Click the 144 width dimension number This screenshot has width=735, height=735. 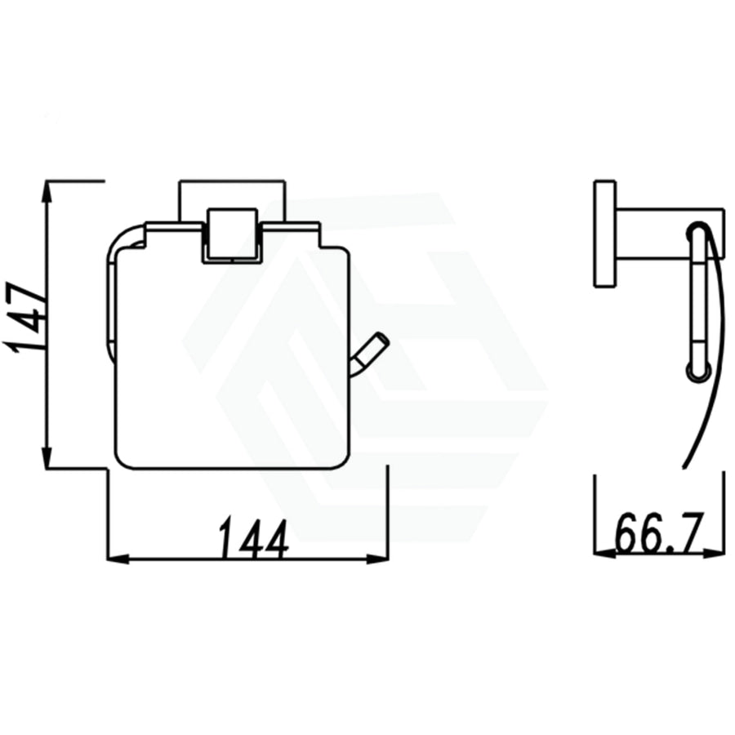(254, 539)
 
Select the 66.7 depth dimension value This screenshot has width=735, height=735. (658, 533)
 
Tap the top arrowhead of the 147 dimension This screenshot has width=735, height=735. (47, 191)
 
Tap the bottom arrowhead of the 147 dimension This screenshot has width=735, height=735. (47, 457)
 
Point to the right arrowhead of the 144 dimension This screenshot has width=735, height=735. (378, 559)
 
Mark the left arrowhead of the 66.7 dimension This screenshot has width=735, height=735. (605, 554)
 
